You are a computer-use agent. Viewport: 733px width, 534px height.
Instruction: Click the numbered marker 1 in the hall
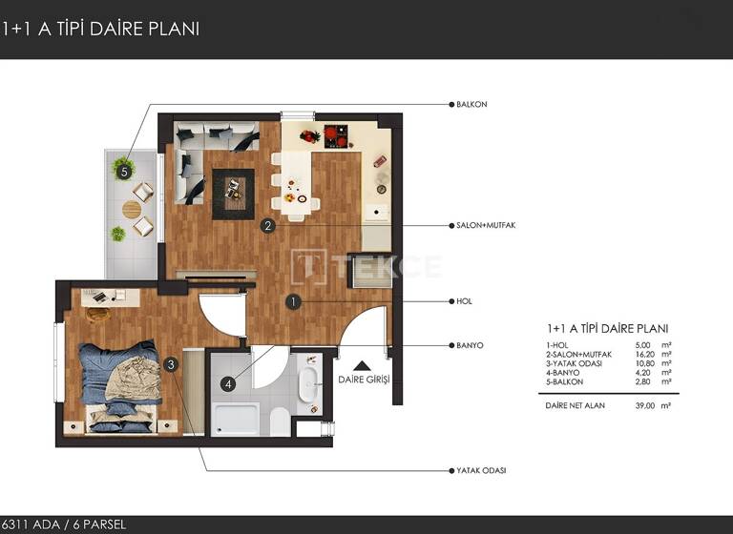point(294,301)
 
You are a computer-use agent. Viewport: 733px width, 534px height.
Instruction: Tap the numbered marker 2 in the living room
point(269,226)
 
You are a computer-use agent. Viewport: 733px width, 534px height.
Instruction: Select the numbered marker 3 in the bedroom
point(170,363)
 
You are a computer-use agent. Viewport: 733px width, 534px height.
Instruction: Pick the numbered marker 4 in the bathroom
point(227,385)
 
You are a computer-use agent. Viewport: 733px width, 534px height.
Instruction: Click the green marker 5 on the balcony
point(121,172)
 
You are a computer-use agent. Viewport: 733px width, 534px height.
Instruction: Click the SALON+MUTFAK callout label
point(486,226)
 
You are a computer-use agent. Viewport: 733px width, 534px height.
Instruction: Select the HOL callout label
point(465,301)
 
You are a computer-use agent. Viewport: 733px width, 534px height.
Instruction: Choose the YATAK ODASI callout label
point(481,470)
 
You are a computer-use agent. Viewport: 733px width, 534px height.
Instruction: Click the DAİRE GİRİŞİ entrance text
point(365,380)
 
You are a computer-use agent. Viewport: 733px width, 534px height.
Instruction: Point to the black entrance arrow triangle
point(364,363)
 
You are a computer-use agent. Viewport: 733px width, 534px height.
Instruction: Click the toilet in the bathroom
point(280,420)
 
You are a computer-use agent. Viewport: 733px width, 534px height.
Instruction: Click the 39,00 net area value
point(645,405)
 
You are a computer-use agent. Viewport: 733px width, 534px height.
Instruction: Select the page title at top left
point(101,29)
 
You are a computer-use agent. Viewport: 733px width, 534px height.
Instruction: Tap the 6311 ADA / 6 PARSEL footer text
point(64,524)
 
